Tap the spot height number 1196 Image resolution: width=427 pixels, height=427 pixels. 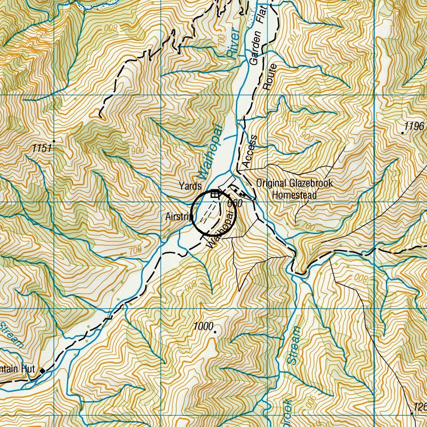[414, 127]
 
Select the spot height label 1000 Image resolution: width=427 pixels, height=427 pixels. [202, 326]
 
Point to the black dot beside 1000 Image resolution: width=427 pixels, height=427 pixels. [215, 332]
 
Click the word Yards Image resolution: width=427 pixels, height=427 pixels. [190, 186]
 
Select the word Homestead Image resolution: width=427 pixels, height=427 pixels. [294, 195]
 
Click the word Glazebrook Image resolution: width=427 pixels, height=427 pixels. [310, 183]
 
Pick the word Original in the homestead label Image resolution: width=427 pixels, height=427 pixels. [271, 183]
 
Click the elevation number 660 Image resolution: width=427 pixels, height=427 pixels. [235, 204]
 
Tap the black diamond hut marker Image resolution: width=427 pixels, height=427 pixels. [43, 371]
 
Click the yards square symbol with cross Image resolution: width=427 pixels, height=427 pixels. [215, 194]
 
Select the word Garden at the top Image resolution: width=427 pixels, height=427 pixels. [255, 47]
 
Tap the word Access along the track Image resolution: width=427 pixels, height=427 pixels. [249, 151]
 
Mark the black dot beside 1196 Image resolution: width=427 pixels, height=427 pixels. [403, 133]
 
